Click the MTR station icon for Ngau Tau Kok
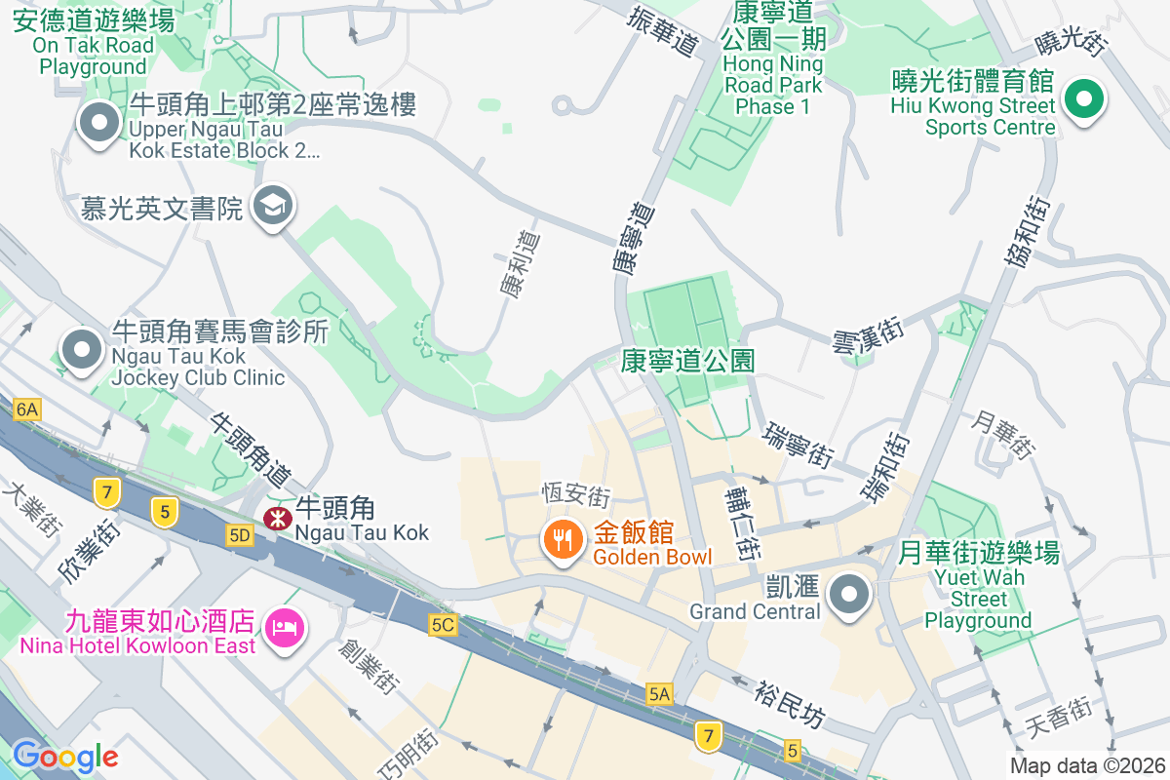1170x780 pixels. pyautogui.click(x=276, y=518)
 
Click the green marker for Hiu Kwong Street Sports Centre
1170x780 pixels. pyautogui.click(x=1083, y=100)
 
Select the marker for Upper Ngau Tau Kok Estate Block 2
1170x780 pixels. pyautogui.click(x=98, y=124)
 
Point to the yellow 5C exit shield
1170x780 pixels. pyautogui.click(x=442, y=625)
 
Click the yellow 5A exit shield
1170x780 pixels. pyautogui.click(x=660, y=693)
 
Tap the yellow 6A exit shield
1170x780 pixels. pyautogui.click(x=26, y=410)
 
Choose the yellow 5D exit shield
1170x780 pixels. pyautogui.click(x=239, y=535)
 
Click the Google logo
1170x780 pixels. pyautogui.click(x=64, y=756)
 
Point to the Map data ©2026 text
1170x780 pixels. pyautogui.click(x=1086, y=765)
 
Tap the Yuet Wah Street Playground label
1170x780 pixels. pyautogui.click(x=978, y=587)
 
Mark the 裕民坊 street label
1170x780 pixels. pyautogui.click(x=790, y=705)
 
